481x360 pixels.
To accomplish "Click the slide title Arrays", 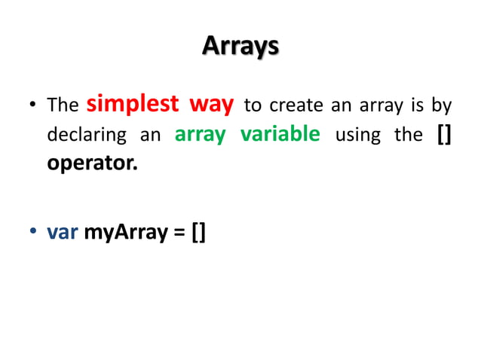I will pos(240,47).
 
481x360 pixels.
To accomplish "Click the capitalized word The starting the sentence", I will pos(63,105).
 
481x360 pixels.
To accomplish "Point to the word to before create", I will pos(253,105).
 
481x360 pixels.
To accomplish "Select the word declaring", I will pos(84,136).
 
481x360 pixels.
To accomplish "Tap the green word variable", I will pos(280,135).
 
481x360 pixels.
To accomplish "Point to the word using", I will pos(358,136).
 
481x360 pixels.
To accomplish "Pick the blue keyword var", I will pos(63,233).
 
